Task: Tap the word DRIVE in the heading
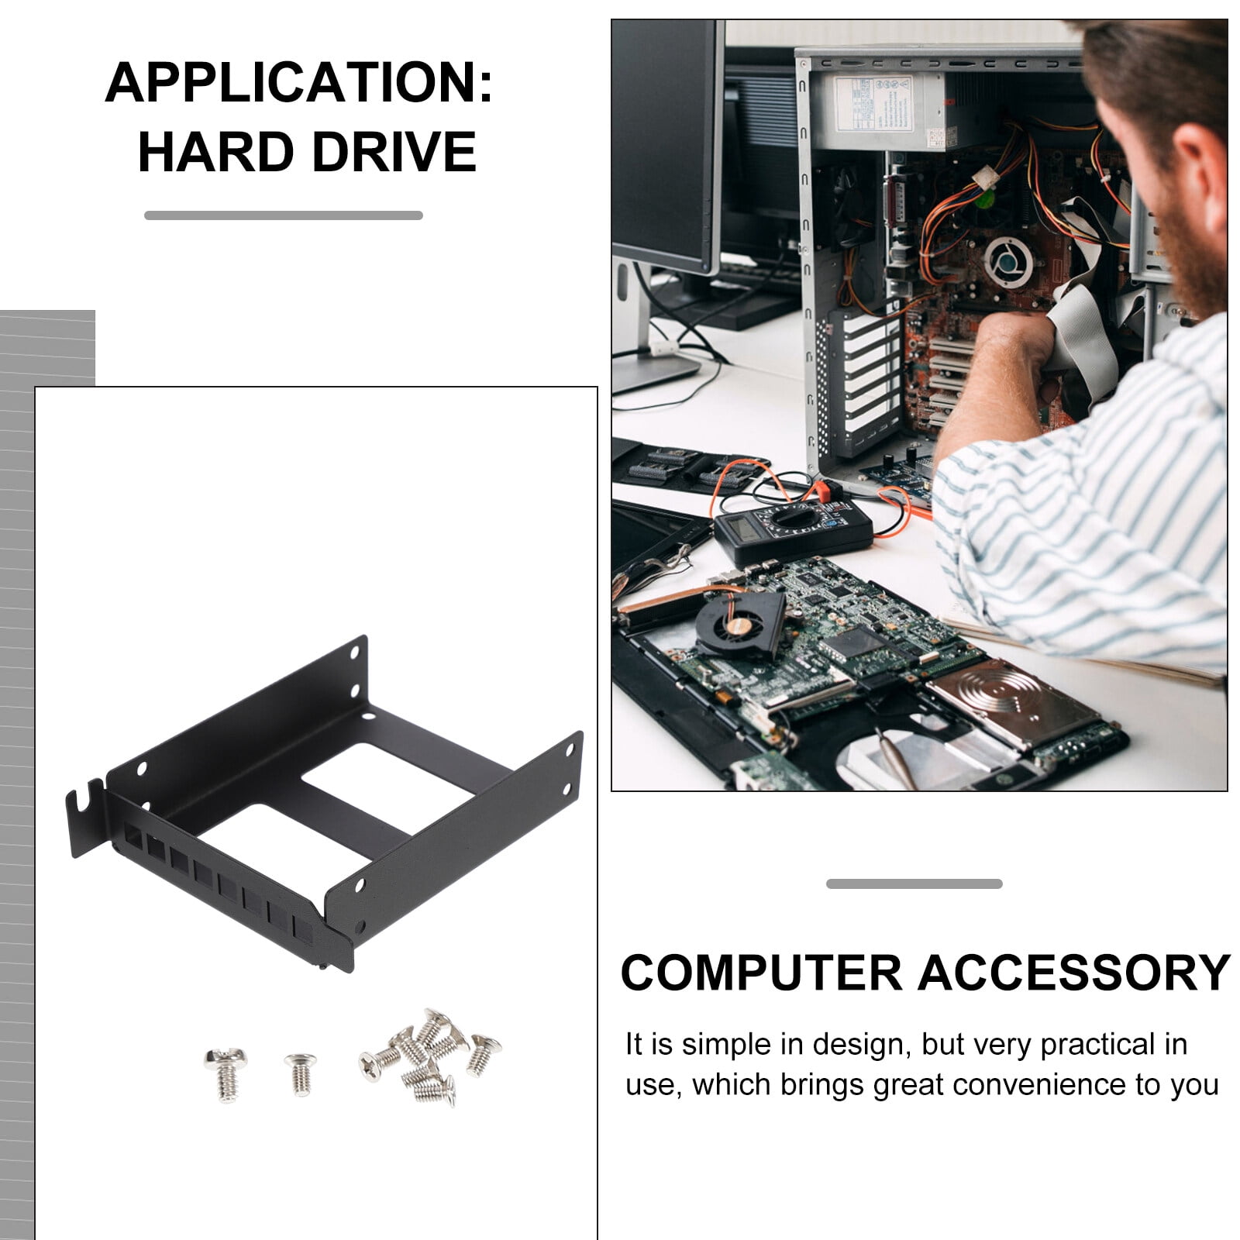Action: coord(393,152)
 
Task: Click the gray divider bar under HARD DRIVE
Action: coord(283,215)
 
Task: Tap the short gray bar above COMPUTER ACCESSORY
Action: coord(914,883)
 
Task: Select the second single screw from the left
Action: coord(300,1072)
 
